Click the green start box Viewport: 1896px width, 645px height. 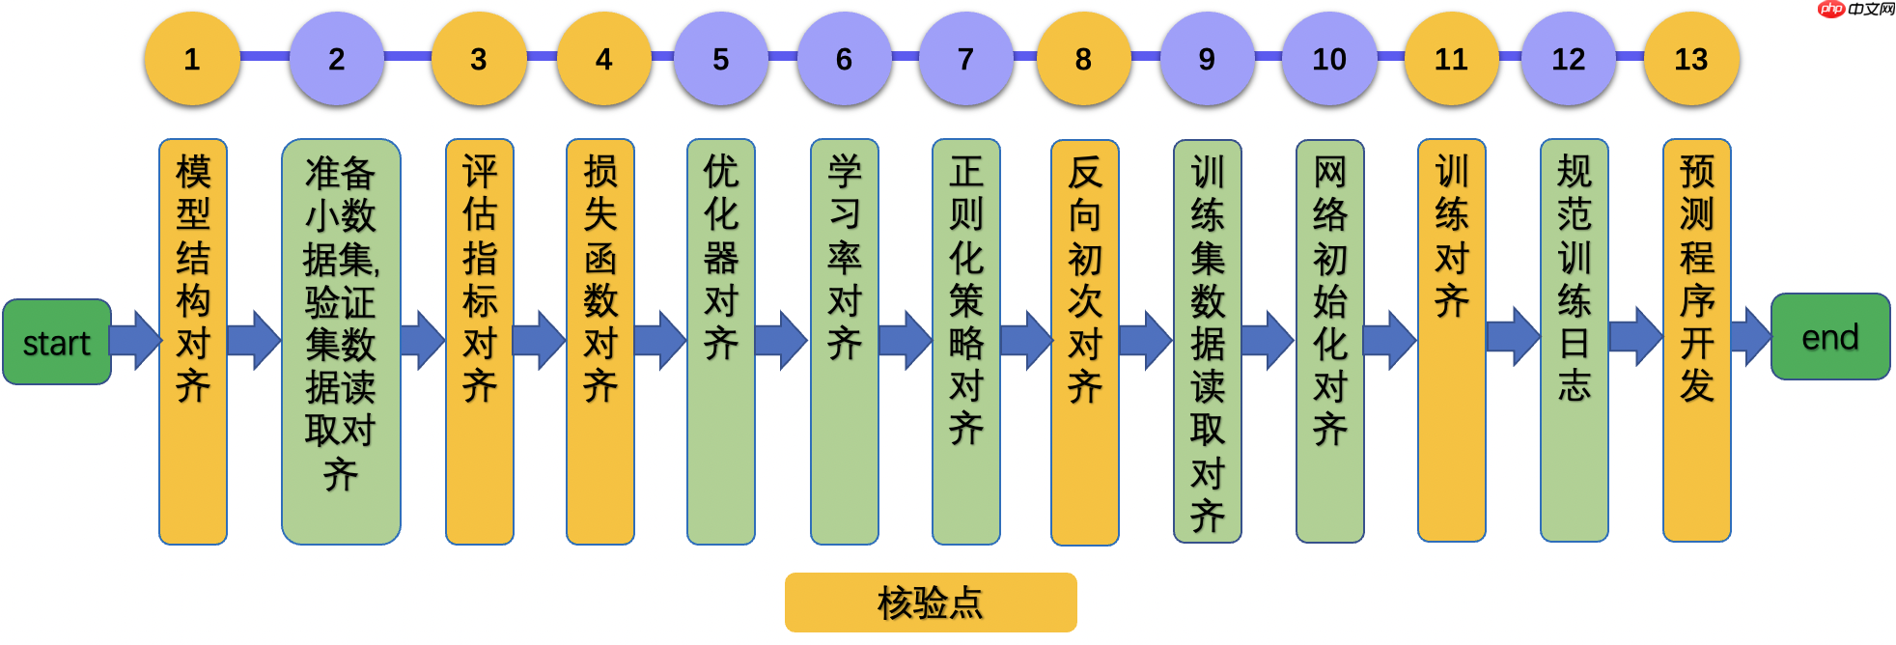point(57,342)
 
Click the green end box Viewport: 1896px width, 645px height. point(1830,337)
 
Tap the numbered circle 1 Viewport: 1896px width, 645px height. point(192,59)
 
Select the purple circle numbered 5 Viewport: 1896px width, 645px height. point(720,59)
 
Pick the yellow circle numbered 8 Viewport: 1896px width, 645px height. point(1083,59)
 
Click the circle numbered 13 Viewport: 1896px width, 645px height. point(1690,59)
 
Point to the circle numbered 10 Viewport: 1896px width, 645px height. point(1328,59)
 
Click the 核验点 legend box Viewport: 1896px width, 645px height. point(931,603)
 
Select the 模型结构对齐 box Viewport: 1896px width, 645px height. point(193,342)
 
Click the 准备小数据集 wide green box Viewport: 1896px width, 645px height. point(341,342)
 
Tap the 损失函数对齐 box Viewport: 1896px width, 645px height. point(600,342)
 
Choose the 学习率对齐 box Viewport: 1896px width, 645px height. point(845,342)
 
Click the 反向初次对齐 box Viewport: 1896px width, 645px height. point(1085,342)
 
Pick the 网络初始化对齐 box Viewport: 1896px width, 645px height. point(1330,342)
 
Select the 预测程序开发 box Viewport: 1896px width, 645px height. point(1697,342)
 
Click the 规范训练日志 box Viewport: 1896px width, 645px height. point(1575,342)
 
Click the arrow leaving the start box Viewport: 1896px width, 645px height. point(135,340)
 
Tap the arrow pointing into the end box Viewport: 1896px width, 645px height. point(1749,337)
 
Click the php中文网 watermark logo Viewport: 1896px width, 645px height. point(1855,10)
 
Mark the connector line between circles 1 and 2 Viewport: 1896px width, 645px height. point(264,56)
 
